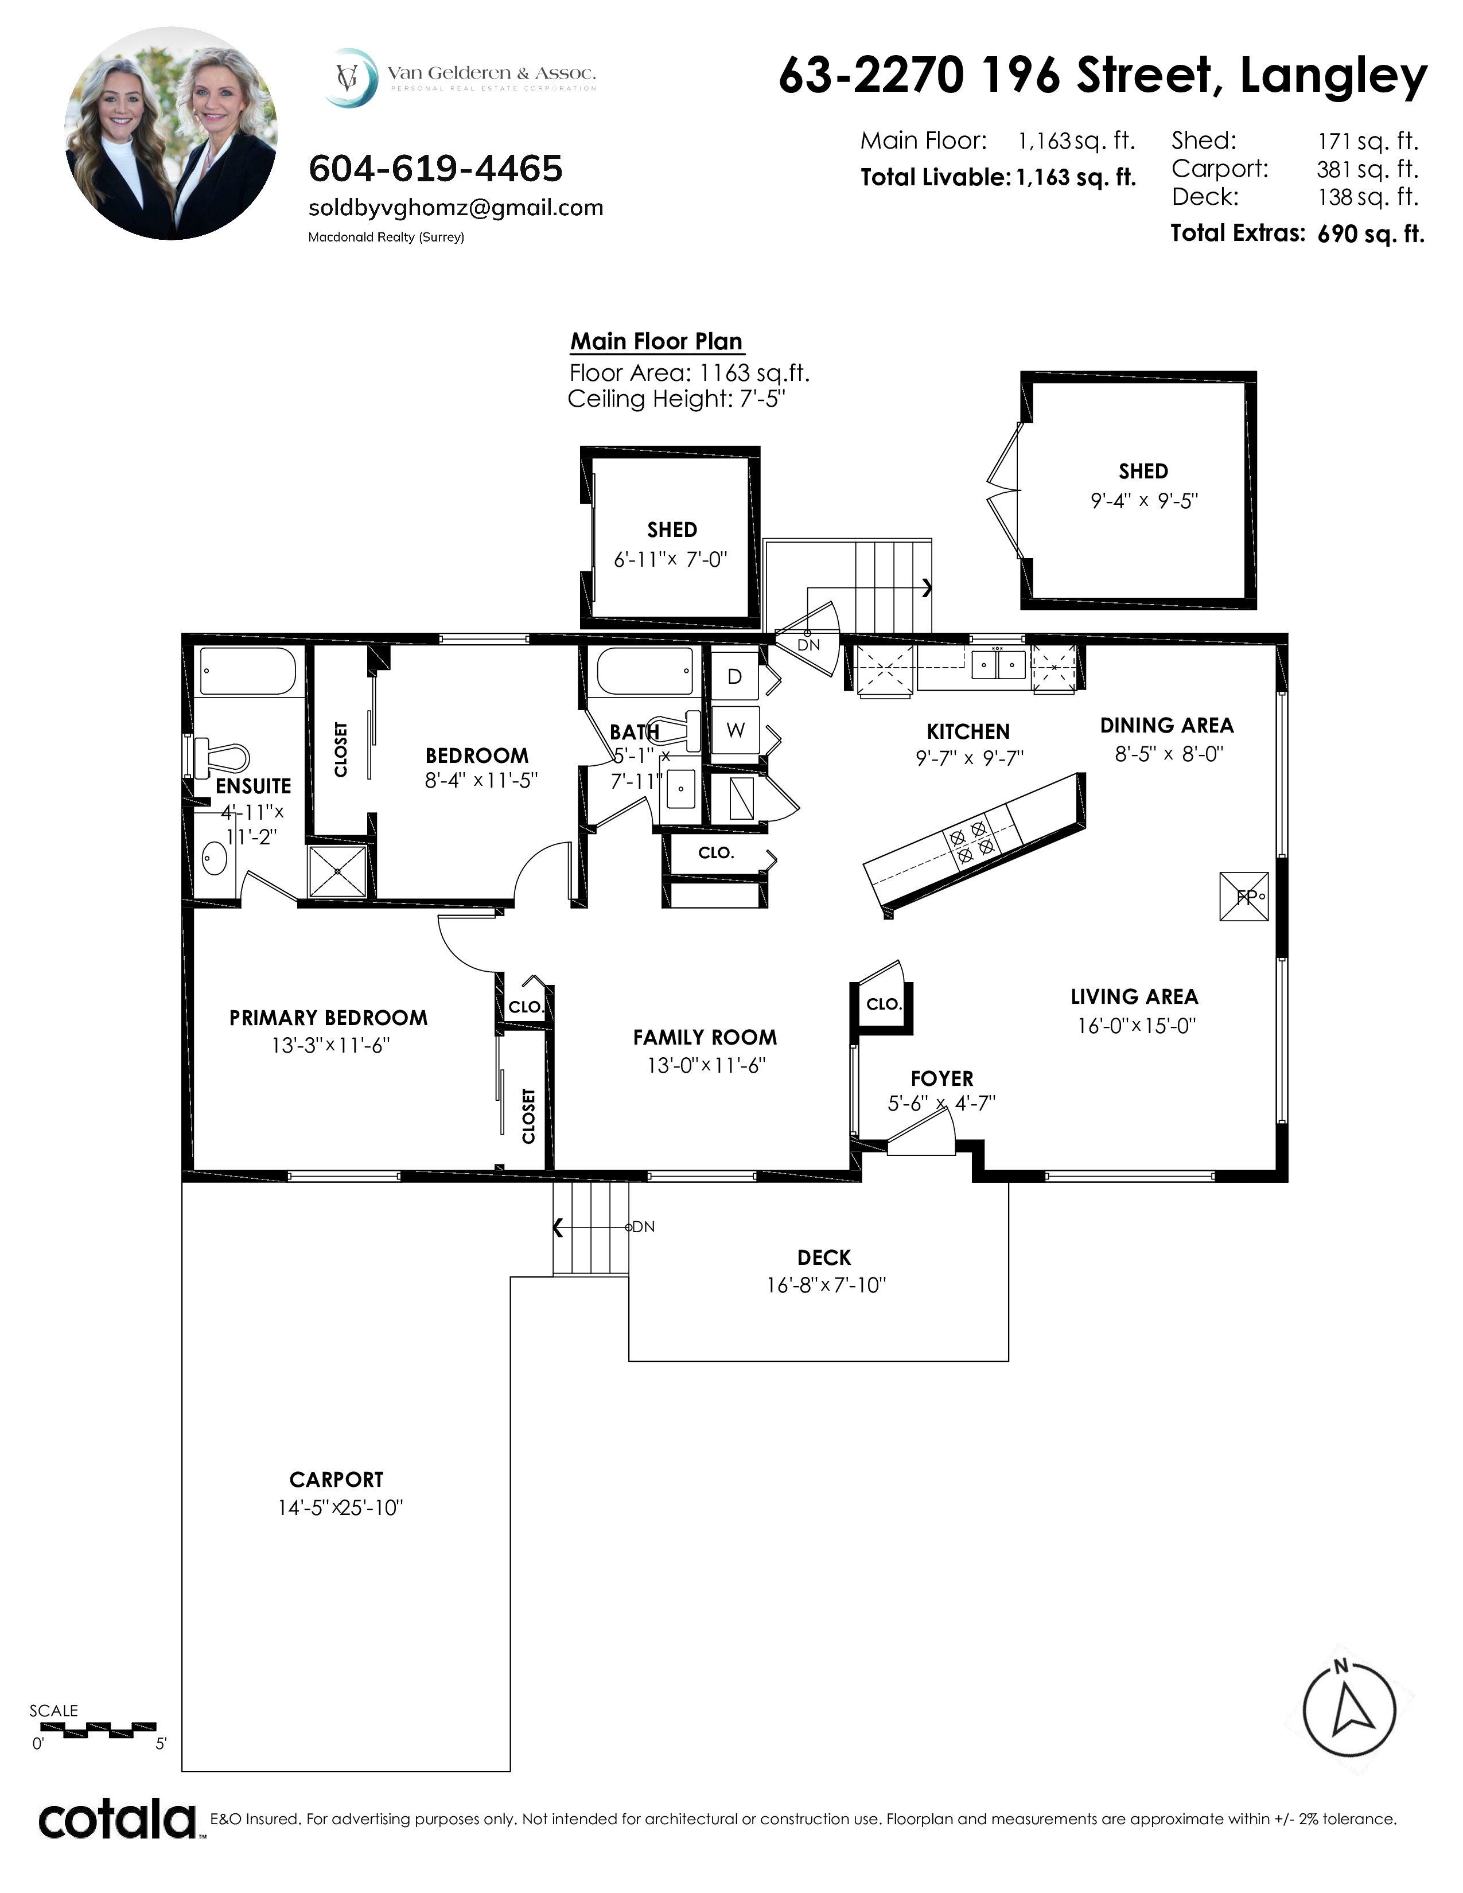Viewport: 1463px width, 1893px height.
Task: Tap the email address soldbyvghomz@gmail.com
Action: [456, 208]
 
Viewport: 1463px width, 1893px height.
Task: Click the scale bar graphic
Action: [98, 1730]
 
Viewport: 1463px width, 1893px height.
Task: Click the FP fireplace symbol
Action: [1244, 896]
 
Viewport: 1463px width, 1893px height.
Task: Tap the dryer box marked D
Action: [735, 677]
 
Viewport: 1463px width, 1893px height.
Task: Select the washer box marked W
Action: [735, 730]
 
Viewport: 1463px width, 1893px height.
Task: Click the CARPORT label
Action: [336, 1479]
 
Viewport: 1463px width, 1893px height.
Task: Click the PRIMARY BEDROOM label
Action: [329, 1018]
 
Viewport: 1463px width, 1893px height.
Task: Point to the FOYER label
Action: [942, 1078]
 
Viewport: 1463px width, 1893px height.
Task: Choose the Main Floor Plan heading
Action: [657, 341]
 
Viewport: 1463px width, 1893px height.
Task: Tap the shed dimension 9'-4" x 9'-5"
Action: [1144, 500]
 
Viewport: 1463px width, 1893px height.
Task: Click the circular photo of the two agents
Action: [171, 134]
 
